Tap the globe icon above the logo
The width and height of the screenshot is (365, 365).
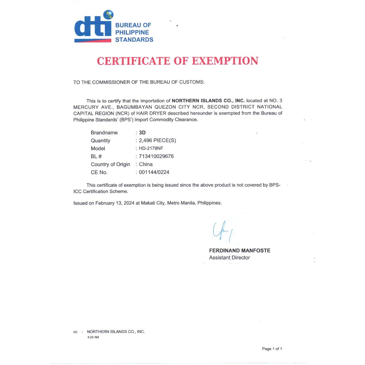(108, 15)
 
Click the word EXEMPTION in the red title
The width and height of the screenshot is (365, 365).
(225, 61)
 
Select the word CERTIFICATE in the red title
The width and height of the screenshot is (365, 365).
(134, 61)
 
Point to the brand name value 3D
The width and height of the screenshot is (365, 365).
(142, 133)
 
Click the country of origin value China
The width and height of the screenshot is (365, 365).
(145, 164)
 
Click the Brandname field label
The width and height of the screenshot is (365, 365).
(104, 133)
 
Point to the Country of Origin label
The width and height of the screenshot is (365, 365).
(110, 164)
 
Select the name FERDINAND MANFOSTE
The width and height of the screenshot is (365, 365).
(240, 251)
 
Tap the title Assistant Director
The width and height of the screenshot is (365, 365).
(229, 257)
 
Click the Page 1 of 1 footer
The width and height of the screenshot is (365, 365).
(272, 349)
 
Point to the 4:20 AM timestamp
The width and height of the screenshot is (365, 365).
(93, 337)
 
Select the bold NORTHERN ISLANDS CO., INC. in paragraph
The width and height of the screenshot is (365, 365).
(208, 101)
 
